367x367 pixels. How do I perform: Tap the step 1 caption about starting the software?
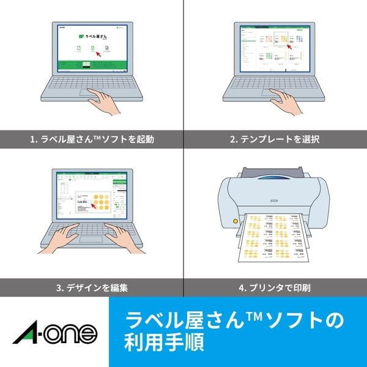tap(92, 139)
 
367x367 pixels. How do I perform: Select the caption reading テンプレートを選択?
tap(275, 139)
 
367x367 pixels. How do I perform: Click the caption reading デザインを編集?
tap(92, 286)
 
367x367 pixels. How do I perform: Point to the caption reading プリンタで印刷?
tap(275, 286)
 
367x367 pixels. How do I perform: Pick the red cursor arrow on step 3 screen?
tap(92, 204)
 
